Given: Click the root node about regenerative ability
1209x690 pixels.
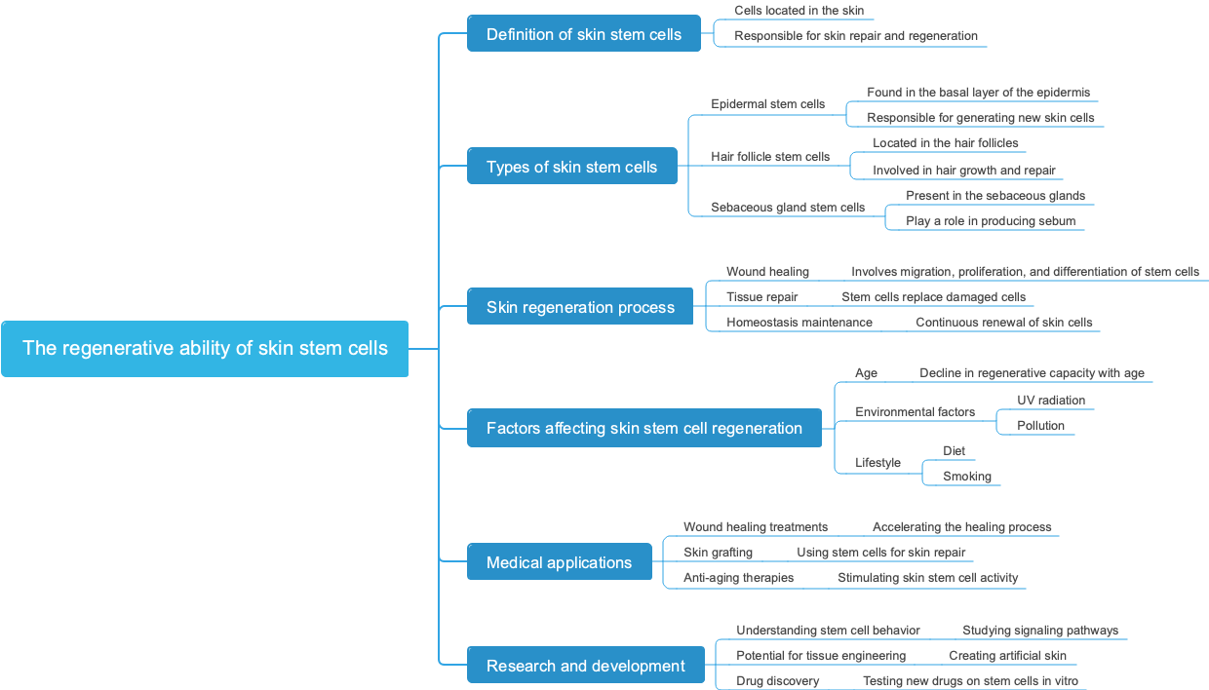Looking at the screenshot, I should tap(205, 348).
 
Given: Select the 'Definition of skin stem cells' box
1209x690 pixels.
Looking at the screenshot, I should tap(583, 34).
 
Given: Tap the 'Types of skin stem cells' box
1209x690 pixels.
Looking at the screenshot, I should tap(571, 167).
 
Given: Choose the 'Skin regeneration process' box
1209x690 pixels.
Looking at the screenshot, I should tap(580, 307).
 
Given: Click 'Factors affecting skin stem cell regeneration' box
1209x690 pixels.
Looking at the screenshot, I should tap(643, 428).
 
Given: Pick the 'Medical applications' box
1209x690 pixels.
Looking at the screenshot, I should tap(559, 562).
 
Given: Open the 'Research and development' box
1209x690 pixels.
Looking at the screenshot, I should tap(585, 666).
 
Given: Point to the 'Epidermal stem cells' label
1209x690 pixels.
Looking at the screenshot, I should tap(767, 104).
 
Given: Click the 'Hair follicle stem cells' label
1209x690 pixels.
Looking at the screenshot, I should tap(770, 157).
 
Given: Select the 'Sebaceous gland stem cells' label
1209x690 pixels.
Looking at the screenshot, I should tap(788, 208).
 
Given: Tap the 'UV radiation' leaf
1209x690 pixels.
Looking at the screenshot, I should tap(1050, 401).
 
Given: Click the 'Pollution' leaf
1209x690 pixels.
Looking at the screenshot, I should tap(1040, 426).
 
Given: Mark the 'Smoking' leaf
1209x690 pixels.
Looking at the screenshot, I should tap(966, 477).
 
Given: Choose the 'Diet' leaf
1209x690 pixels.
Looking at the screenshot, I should tap(954, 451).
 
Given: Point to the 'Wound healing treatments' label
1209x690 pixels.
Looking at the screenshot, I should tap(755, 527).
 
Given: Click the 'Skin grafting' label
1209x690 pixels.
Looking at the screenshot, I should tap(718, 553).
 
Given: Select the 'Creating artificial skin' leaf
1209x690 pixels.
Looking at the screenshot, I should tap(1007, 656).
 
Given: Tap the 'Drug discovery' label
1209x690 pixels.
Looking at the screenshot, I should tap(777, 681).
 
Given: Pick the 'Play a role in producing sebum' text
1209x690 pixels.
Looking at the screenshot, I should tap(990, 221).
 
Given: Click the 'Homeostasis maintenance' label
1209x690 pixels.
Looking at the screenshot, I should tap(799, 323).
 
